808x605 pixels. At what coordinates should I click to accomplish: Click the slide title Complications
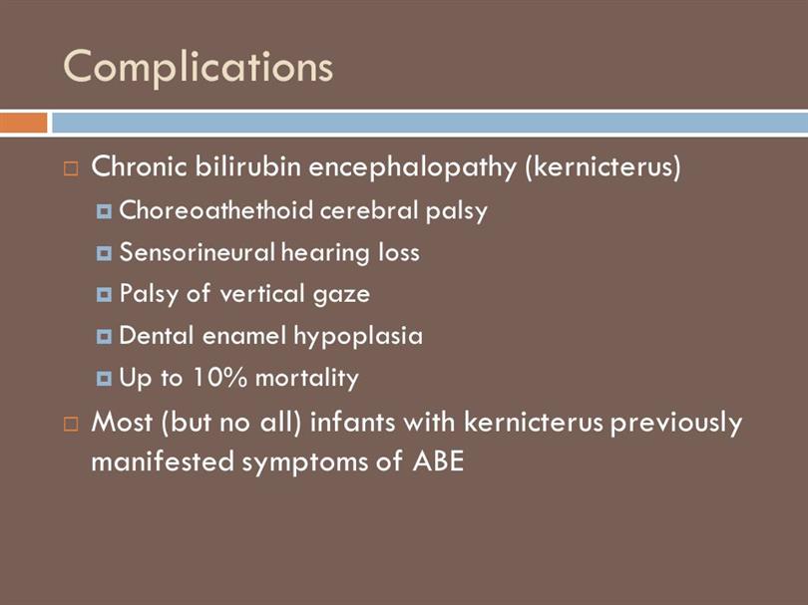click(x=199, y=68)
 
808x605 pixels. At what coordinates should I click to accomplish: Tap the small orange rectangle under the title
click(x=23, y=123)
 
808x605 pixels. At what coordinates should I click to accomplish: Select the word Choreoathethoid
click(x=216, y=210)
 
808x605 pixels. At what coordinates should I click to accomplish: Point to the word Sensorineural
click(x=198, y=252)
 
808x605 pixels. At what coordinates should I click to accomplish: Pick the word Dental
click(x=158, y=336)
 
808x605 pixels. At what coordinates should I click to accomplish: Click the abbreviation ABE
click(x=438, y=460)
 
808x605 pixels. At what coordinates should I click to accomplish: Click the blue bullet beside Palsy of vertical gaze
click(x=104, y=294)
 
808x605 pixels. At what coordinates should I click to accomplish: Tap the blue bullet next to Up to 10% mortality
click(x=104, y=379)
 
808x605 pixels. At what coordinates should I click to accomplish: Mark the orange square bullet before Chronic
click(x=71, y=168)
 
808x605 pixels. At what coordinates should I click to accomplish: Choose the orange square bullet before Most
click(x=71, y=424)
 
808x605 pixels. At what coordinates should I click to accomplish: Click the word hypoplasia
click(x=358, y=337)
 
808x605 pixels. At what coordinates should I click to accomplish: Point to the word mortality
click(x=307, y=379)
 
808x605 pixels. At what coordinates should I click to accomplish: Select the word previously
click(x=676, y=424)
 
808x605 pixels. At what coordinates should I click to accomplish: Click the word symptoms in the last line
click(x=305, y=462)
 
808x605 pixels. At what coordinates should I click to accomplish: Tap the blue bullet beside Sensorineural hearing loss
click(x=104, y=253)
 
